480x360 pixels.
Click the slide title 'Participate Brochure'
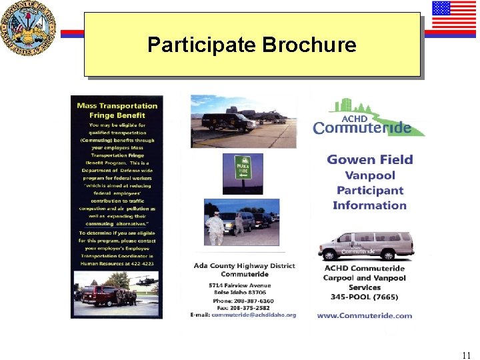pos(251,45)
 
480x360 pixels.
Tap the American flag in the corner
pos(453,16)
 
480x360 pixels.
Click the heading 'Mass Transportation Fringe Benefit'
pos(117,110)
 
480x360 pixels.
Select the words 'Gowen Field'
pos(370,160)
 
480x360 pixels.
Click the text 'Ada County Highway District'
pos(244,266)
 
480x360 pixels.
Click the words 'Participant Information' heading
pos(369,198)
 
